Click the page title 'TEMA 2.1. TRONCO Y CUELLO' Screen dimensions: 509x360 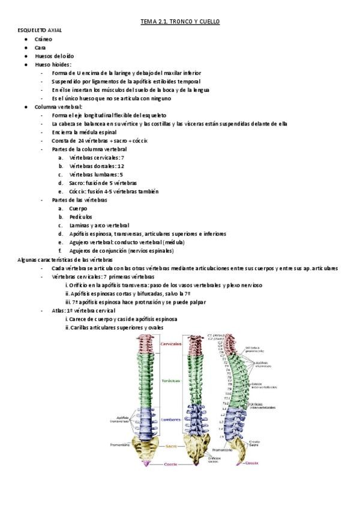180,22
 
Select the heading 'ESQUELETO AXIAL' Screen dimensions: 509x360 40,30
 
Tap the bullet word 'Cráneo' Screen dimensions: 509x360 43,38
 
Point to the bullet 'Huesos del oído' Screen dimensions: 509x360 54,55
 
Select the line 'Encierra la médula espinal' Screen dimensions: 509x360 84,132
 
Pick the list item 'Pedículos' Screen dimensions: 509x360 80,217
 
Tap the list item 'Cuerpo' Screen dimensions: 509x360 78,208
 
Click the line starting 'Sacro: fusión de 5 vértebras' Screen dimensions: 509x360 103,183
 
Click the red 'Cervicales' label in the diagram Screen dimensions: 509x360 172,344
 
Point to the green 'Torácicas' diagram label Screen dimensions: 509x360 171,381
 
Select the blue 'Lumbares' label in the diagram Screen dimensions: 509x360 171,420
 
